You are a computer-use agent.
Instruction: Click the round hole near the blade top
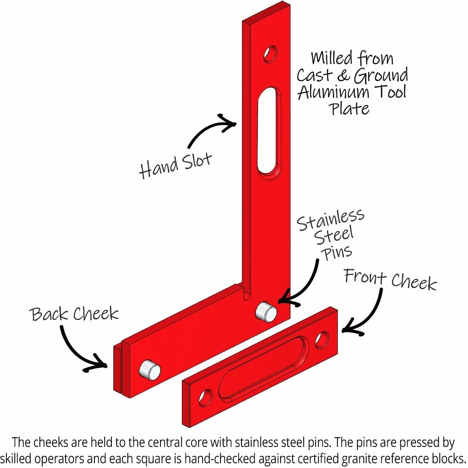[x=271, y=54]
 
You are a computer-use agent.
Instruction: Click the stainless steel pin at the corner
[x=266, y=312]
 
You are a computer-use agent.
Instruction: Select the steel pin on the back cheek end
[x=150, y=370]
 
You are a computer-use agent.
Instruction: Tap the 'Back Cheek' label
[x=74, y=314]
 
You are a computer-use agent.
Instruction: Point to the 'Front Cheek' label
[x=390, y=279]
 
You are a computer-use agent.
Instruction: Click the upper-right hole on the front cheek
[x=322, y=339]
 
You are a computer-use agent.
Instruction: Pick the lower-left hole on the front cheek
[x=205, y=398]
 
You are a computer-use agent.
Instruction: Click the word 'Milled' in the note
[x=331, y=58]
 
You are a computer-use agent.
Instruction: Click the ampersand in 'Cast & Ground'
[x=343, y=75]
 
